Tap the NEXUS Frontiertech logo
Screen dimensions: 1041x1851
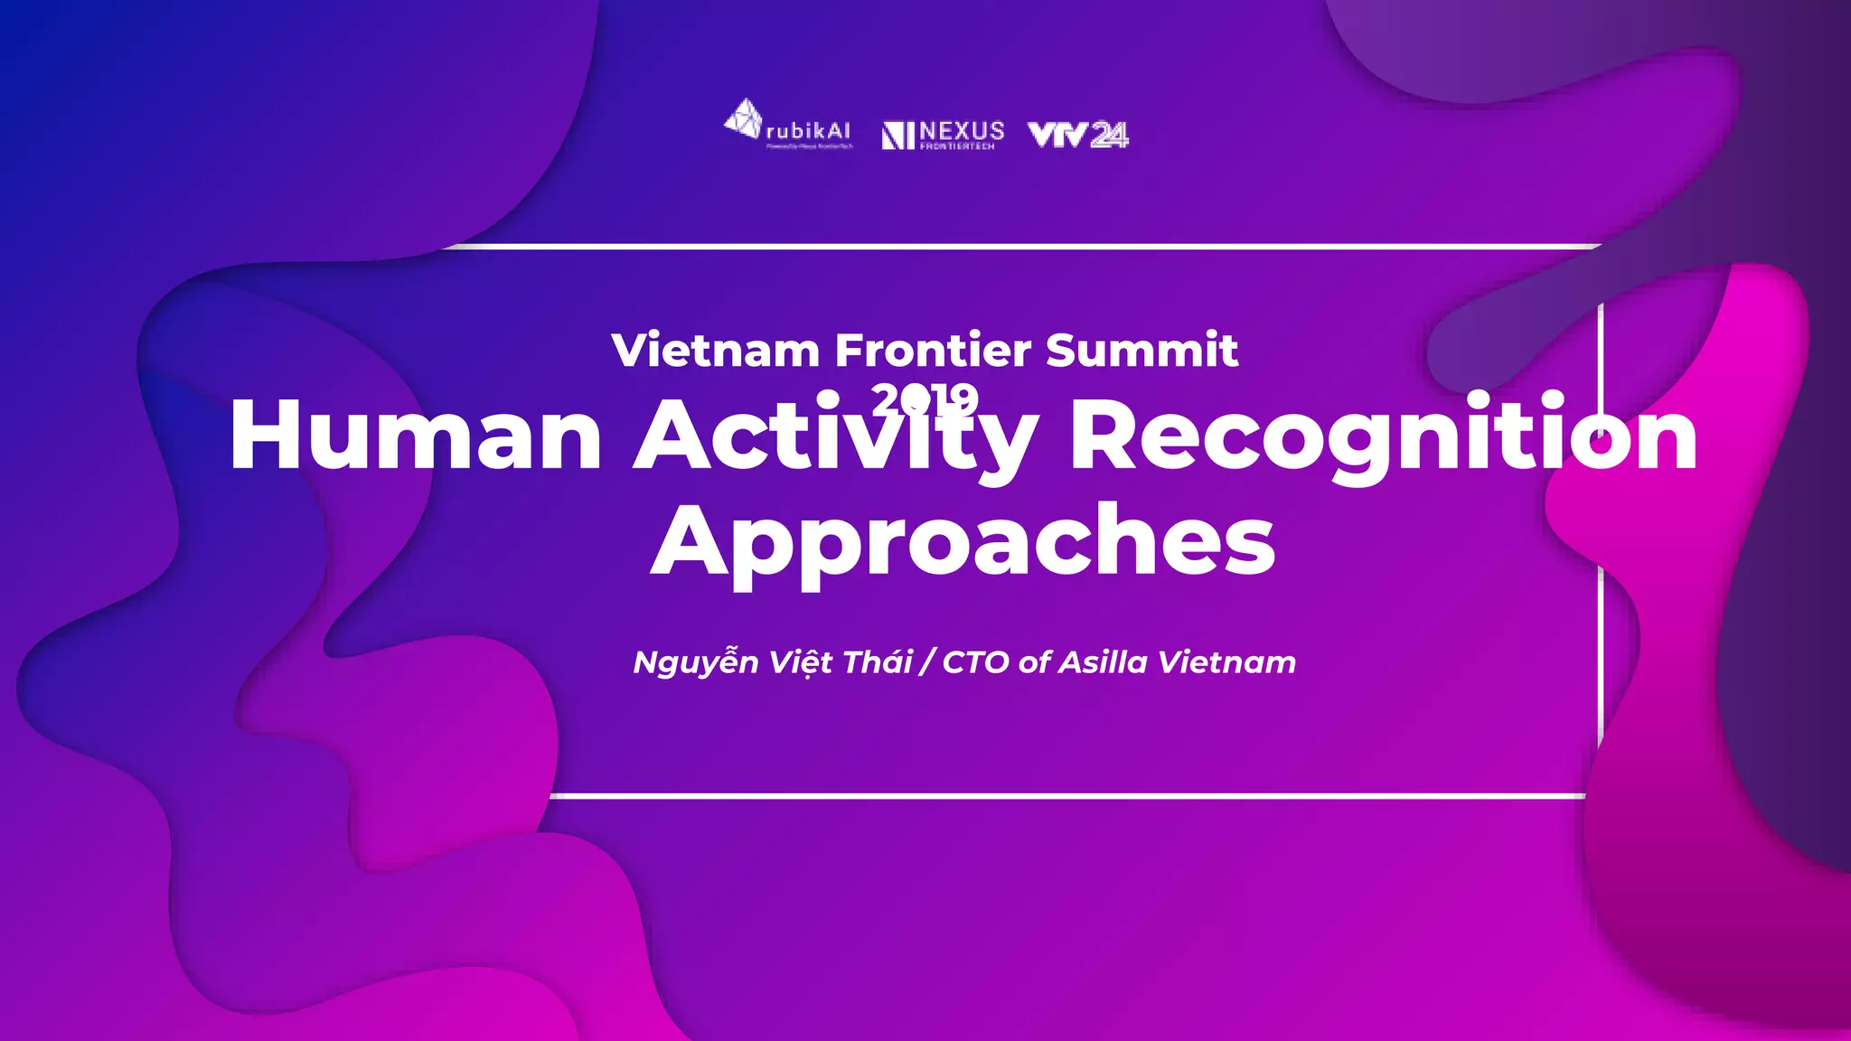coord(943,135)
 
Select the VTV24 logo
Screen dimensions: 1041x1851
coord(1078,135)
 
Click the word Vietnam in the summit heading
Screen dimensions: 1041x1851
coord(715,351)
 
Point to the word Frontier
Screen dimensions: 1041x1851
coord(932,351)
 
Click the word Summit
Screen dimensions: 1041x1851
coord(1142,351)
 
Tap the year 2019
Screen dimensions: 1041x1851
coord(925,399)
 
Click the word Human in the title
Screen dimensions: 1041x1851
coord(416,436)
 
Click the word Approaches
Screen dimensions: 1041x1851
coord(963,542)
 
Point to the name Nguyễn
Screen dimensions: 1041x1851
coord(695,662)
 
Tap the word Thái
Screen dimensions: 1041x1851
coord(877,662)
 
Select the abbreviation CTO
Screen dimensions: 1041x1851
coord(975,662)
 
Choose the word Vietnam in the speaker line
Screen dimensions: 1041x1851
coord(1226,662)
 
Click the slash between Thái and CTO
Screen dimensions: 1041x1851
coord(926,662)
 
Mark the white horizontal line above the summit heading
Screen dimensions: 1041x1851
coord(1021,246)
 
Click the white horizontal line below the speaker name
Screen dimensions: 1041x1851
coord(1066,796)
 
